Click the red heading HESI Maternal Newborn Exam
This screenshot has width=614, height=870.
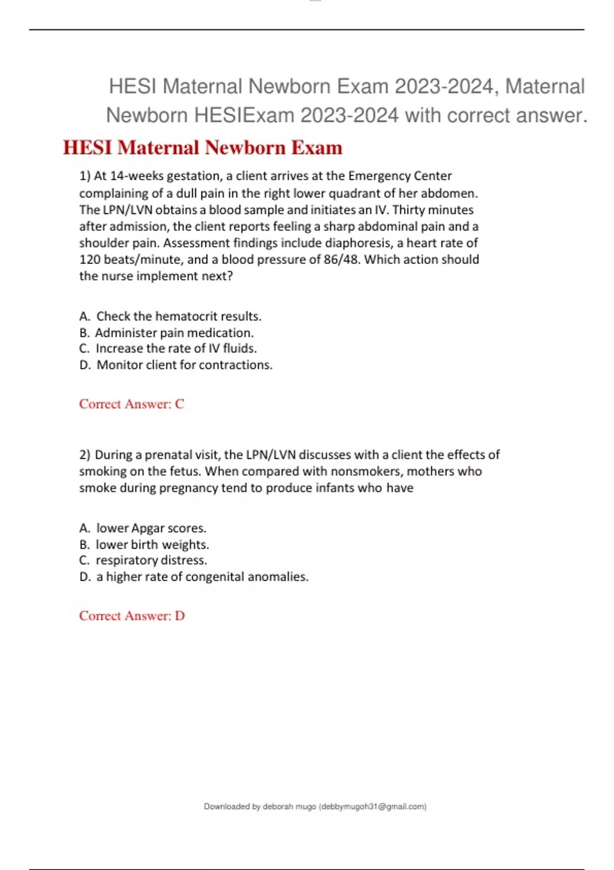click(202, 148)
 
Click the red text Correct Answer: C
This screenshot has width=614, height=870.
click(131, 404)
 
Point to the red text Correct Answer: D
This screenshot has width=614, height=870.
click(131, 616)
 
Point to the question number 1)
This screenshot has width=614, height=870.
click(85, 176)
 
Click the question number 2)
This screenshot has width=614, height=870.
click(85, 455)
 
